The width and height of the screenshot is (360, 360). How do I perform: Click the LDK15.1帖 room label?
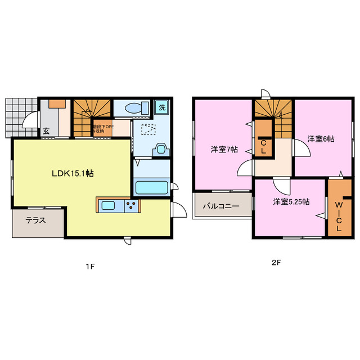point(73,174)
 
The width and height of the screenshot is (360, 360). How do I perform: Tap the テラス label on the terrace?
point(35,220)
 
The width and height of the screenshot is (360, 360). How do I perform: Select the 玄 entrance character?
point(45,132)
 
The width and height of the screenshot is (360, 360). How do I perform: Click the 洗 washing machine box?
point(161,107)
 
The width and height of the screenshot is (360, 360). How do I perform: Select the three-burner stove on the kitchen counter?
point(132,206)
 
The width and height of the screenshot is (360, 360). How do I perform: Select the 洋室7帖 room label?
point(224,150)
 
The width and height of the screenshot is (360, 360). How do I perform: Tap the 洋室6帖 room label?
point(321,138)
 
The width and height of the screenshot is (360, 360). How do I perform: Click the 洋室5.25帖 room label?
point(291,202)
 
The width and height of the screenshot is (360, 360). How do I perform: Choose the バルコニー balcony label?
point(221,206)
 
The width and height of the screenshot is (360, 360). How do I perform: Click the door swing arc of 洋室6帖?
point(301,148)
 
